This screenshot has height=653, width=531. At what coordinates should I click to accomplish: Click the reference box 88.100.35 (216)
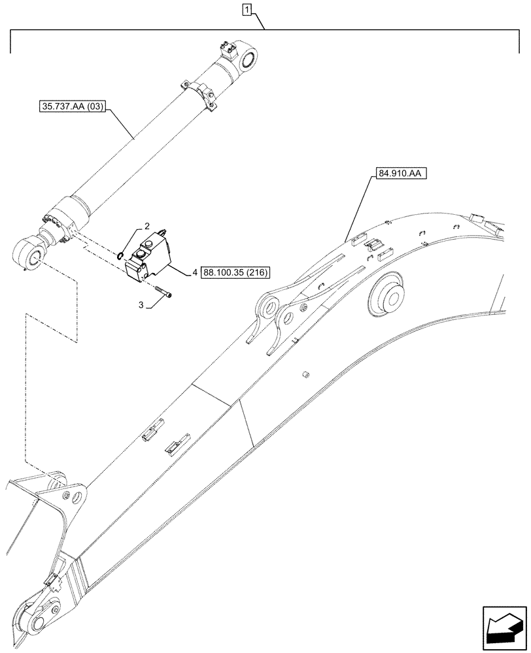(235, 272)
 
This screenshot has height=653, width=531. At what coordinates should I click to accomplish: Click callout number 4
(196, 273)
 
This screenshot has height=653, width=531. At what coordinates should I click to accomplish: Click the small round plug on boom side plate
(305, 374)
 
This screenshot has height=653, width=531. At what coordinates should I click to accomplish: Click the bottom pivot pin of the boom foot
(43, 622)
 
